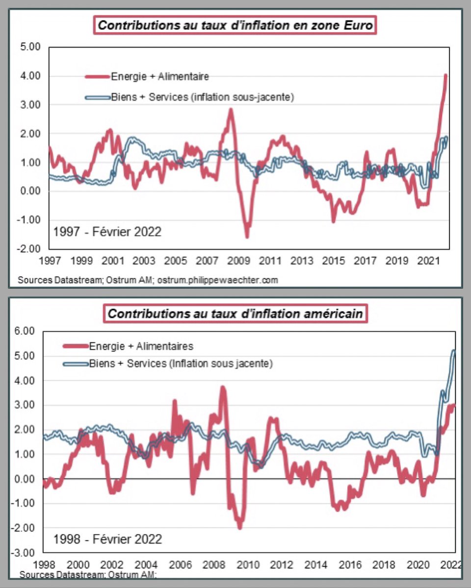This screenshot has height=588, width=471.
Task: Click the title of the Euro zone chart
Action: [235, 25]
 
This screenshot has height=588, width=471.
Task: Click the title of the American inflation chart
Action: [235, 314]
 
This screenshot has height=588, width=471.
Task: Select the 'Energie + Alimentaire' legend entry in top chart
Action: [147, 76]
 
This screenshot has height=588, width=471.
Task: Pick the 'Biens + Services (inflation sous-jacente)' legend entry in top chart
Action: [189, 98]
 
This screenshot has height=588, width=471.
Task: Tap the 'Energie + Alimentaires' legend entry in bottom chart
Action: [128, 346]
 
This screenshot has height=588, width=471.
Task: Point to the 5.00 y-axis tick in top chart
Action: [30, 47]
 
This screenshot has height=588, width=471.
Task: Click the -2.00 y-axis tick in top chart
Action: [28, 249]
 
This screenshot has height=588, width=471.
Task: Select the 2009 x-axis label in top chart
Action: [238, 261]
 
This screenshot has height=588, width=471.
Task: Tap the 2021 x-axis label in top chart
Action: [428, 261]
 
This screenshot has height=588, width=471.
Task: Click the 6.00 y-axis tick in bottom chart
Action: [25, 331]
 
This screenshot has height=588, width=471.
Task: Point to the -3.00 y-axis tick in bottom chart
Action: [23, 553]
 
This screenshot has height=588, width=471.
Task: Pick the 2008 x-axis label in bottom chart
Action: [214, 564]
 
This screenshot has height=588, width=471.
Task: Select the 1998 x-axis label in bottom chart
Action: [44, 564]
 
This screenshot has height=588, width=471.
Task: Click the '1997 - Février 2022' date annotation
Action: [107, 232]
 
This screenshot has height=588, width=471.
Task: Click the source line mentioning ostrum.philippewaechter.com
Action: [148, 280]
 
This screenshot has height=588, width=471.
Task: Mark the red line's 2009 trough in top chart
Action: [247, 237]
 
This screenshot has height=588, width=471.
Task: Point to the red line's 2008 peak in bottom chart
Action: [223, 388]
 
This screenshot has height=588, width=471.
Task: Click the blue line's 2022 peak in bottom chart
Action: [453, 351]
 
